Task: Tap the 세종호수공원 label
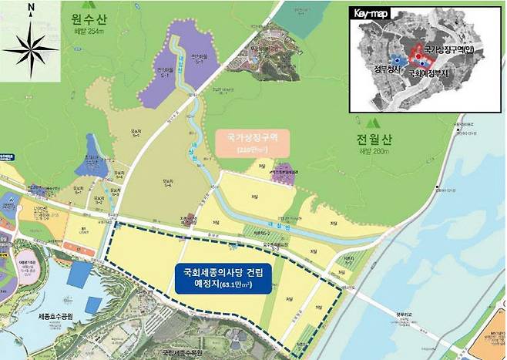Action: (x=62, y=318)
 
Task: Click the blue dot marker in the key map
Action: (x=396, y=59)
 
